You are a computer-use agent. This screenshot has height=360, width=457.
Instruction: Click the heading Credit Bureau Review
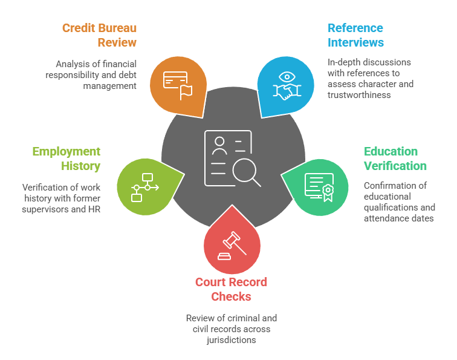(99, 35)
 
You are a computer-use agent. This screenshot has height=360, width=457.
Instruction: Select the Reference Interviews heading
(355, 35)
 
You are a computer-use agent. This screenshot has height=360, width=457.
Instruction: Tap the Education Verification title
(395, 159)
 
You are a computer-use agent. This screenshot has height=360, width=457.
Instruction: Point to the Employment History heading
(66, 159)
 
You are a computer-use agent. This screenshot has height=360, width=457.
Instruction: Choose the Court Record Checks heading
(231, 289)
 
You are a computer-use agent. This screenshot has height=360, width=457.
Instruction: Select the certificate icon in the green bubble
(318, 188)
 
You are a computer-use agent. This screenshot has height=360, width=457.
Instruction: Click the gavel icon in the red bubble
(232, 245)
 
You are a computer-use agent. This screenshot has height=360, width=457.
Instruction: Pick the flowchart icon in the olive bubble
(144, 188)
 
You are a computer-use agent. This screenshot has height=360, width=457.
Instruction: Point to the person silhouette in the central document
(219, 145)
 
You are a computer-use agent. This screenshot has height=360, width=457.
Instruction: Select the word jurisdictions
(231, 340)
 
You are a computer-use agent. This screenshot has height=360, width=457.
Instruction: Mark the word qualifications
(390, 207)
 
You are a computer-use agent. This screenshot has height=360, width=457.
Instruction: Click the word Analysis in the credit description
(73, 64)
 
